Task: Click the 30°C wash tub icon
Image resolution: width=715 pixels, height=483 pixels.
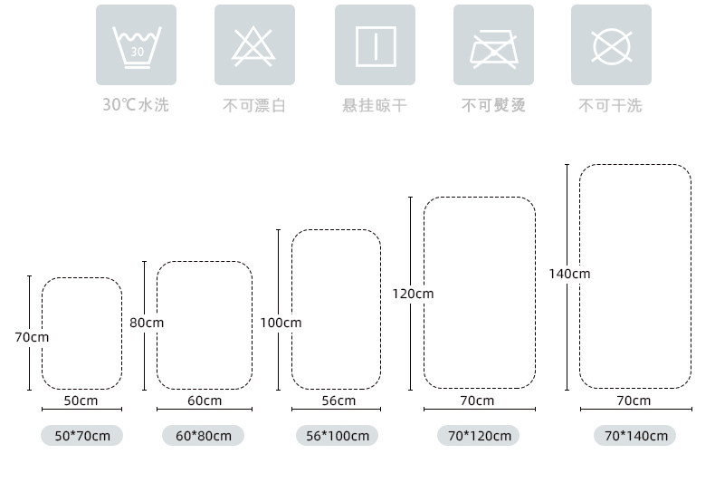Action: (136, 45)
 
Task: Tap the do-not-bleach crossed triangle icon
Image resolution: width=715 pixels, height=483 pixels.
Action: (254, 45)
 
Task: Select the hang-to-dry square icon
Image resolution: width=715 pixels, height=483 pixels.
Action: (375, 45)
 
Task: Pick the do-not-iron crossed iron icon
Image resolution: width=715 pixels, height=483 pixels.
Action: (493, 45)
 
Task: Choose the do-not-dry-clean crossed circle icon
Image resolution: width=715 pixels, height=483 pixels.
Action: (611, 45)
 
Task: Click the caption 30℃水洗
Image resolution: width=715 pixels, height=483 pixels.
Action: (136, 105)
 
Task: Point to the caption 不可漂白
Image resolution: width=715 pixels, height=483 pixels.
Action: (254, 106)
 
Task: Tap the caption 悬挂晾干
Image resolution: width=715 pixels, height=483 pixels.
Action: (375, 106)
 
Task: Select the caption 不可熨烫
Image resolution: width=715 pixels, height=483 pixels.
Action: (493, 106)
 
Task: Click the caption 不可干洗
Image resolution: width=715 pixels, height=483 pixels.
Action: (611, 106)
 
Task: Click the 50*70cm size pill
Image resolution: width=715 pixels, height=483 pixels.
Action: (81, 436)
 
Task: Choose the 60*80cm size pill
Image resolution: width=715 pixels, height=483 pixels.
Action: (204, 436)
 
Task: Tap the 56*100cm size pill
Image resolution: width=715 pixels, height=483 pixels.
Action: (338, 436)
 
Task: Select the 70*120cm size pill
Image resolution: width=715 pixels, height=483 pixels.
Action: (479, 436)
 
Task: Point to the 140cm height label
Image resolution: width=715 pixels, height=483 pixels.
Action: (569, 274)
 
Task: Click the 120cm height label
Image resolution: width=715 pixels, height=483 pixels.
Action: (413, 294)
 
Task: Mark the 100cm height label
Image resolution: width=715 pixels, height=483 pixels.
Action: (281, 323)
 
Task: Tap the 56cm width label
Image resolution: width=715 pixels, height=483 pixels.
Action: (338, 401)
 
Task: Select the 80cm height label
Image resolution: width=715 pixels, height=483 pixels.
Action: (147, 323)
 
